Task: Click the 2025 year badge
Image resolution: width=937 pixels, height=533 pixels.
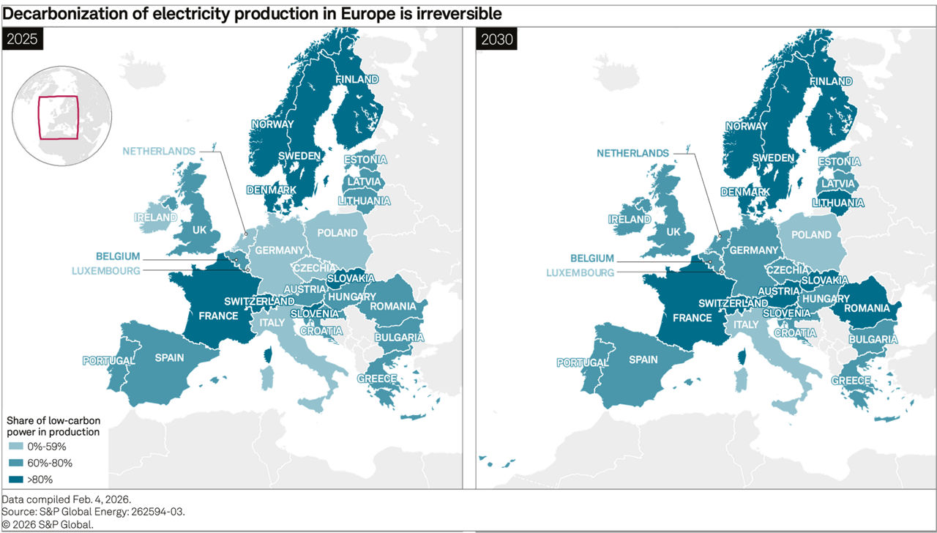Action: click(x=23, y=40)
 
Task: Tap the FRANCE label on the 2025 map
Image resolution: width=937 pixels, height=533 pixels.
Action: click(x=218, y=316)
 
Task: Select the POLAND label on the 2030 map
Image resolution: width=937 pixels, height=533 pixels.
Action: click(x=811, y=235)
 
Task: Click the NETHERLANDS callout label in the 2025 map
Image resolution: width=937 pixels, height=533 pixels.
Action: click(x=159, y=152)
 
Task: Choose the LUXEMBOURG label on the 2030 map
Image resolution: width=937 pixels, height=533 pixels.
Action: click(x=579, y=272)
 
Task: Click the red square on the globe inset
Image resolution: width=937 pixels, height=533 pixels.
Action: click(x=58, y=117)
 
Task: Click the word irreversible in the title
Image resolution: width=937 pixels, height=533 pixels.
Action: click(x=458, y=15)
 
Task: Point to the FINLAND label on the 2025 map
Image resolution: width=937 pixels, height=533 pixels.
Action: click(x=356, y=79)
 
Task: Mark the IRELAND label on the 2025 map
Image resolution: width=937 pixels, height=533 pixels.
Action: click(x=155, y=217)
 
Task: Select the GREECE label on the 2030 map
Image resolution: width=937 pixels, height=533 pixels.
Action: click(x=851, y=381)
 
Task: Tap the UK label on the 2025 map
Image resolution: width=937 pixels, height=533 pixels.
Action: click(x=199, y=230)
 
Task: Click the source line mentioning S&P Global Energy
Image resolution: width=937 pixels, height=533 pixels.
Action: click(x=94, y=511)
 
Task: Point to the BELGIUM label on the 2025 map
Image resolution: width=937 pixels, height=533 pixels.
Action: click(x=117, y=256)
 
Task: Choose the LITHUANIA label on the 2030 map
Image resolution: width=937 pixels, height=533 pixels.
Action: click(x=837, y=203)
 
